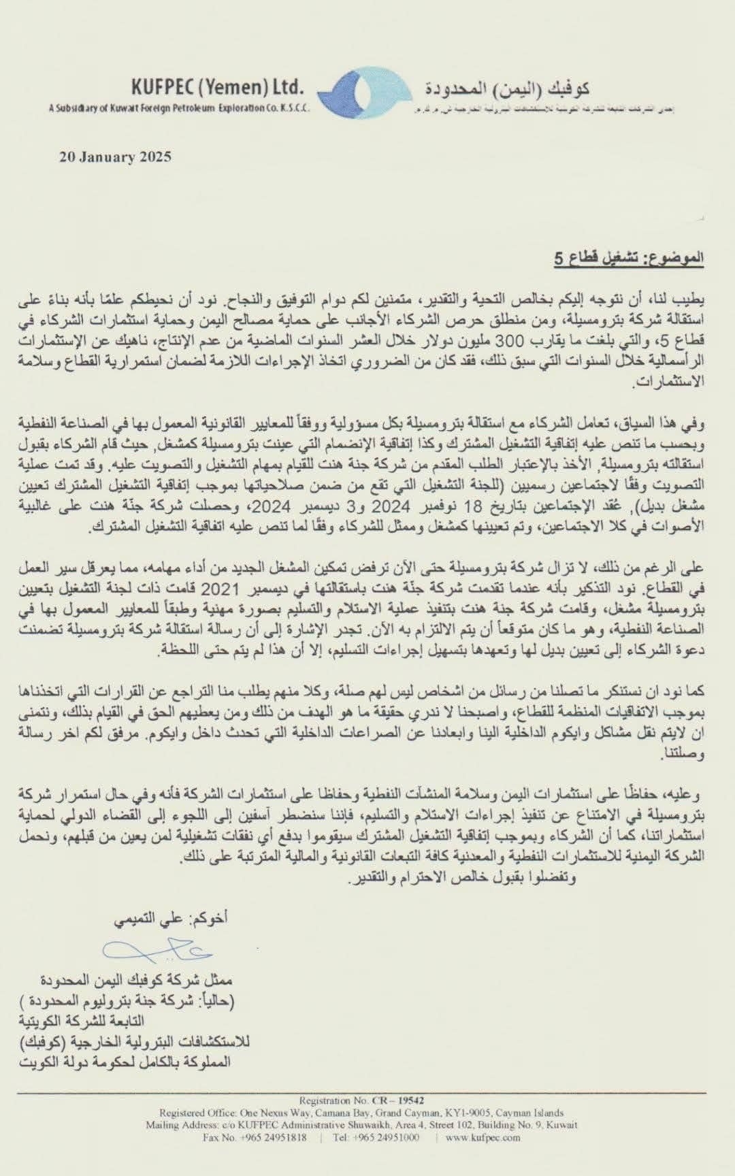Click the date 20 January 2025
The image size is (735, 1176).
pos(116,157)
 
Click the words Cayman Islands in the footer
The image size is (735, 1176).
pos(534,1113)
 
